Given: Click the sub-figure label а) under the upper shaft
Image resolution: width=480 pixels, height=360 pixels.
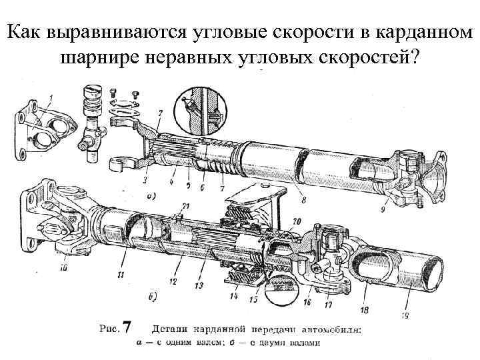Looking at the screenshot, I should pos(151,197).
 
